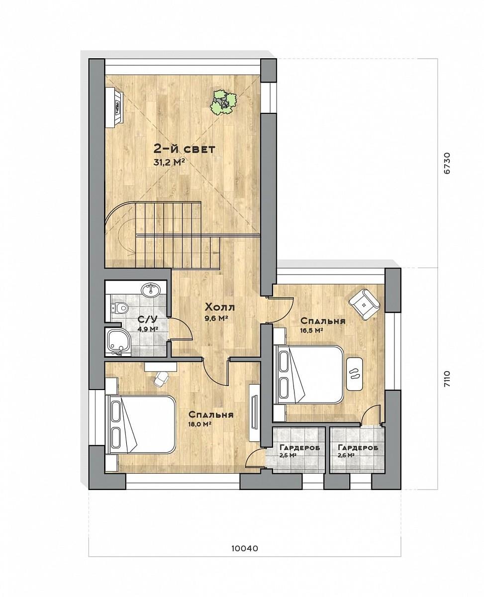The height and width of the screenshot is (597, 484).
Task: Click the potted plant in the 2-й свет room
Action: pyautogui.click(x=224, y=102)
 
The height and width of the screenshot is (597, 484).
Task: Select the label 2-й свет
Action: pyautogui.click(x=185, y=149)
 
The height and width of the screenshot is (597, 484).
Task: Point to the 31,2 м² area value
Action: pyautogui.click(x=170, y=162)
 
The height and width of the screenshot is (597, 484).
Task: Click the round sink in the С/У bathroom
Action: pyautogui.click(x=151, y=289)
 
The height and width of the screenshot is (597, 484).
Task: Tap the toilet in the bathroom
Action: pyautogui.click(x=119, y=308)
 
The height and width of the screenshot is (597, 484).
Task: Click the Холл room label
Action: pyautogui.click(x=219, y=307)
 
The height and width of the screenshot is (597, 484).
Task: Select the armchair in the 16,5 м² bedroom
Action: pyautogui.click(x=364, y=304)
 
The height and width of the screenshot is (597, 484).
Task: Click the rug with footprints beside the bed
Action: pyautogui.click(x=355, y=374)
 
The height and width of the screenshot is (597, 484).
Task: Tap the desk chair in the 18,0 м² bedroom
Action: pyautogui.click(x=161, y=379)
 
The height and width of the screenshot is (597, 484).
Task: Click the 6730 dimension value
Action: pyautogui.click(x=447, y=163)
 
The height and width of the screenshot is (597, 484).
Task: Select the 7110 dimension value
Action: pyautogui.click(x=447, y=379)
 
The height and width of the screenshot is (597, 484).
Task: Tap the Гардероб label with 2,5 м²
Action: pyautogui.click(x=299, y=448)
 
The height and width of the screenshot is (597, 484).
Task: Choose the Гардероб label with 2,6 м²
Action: pyautogui.click(x=358, y=448)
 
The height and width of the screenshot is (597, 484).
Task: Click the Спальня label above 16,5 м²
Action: pyautogui.click(x=323, y=321)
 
